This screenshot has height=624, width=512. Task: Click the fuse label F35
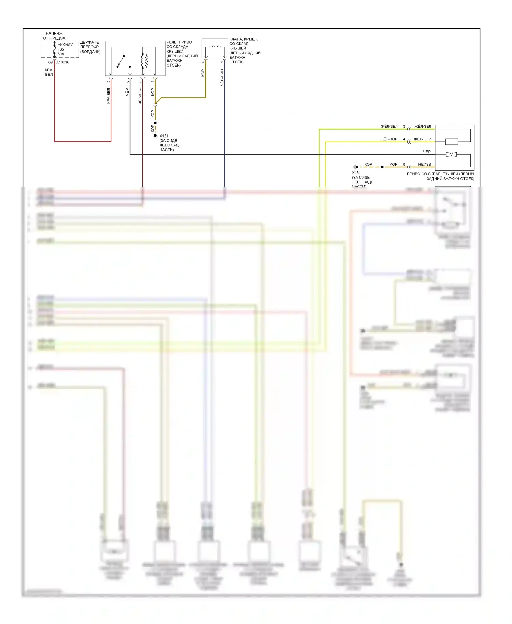[x=61, y=49]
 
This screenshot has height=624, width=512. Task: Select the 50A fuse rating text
[x=61, y=54]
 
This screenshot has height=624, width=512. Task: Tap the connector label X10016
[x=63, y=62]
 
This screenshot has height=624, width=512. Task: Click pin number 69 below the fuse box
[x=50, y=62]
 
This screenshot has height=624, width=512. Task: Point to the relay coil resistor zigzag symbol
[x=145, y=61]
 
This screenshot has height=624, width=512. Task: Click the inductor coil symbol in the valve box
[x=214, y=47]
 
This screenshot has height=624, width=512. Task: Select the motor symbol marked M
[x=451, y=155]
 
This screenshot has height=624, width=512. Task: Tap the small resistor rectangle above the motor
[x=452, y=142]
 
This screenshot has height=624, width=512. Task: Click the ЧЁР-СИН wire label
[x=222, y=77]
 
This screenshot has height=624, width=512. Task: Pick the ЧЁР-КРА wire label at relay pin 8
[x=140, y=96]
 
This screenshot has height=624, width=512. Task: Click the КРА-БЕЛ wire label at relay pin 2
[x=109, y=96]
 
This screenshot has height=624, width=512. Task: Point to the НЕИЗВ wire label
[x=425, y=164]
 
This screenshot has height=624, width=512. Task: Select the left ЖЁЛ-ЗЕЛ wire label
[x=389, y=126]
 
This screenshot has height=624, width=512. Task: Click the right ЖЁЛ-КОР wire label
[x=422, y=139]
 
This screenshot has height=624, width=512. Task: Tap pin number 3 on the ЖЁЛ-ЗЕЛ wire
[x=404, y=126]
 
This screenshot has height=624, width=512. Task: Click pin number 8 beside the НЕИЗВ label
[x=404, y=164]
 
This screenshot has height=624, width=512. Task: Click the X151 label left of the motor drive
[x=356, y=173]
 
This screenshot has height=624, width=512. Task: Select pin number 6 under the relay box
[x=127, y=81]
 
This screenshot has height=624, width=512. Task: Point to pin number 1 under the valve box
[x=222, y=62]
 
